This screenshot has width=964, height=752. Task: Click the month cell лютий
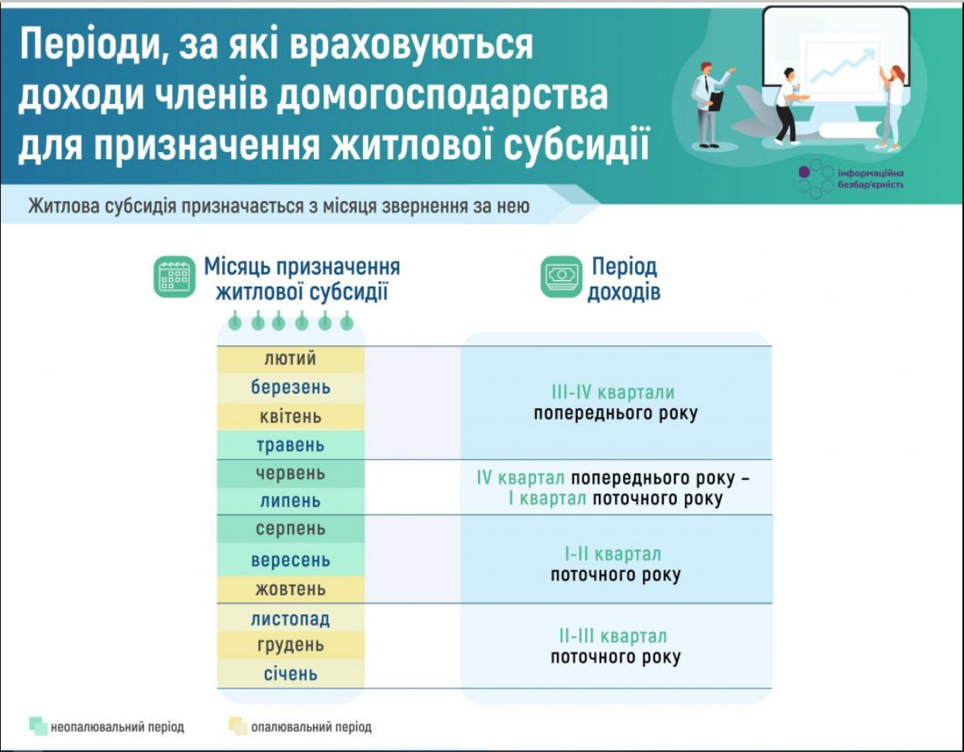coord(290,359)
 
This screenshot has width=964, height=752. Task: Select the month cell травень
coord(290,444)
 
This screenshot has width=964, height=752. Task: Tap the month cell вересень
coord(290,560)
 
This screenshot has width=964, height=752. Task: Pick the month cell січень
coord(290,673)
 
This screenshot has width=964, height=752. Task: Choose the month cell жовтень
coord(290,589)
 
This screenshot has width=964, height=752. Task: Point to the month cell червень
coord(290,473)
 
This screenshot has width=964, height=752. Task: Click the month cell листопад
coord(290,618)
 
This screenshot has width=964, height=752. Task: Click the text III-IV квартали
coord(613,393)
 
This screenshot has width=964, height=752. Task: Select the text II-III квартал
coord(613,636)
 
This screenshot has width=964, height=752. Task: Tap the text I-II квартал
coord(613,554)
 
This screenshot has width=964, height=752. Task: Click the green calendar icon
coord(175,277)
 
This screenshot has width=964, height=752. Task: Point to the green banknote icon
coord(561,277)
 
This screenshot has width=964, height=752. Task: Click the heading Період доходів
coord(624,279)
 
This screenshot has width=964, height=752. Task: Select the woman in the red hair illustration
coord(892,105)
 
